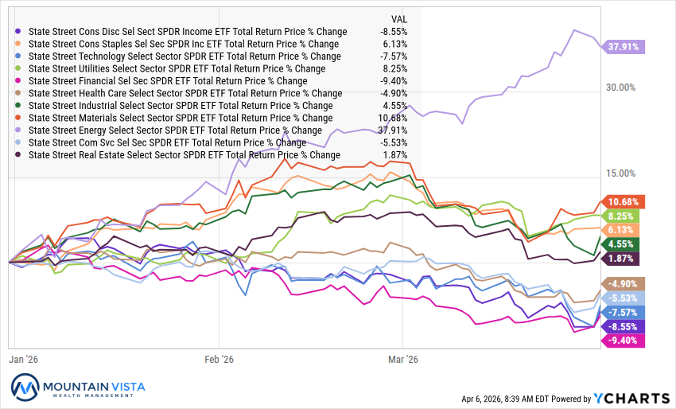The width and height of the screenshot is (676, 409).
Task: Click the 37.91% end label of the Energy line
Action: click(624, 46)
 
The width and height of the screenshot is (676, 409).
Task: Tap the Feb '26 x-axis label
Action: click(217, 359)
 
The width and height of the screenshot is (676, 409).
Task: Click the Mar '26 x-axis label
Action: click(402, 359)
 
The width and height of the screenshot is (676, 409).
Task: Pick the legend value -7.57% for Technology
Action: click(393, 56)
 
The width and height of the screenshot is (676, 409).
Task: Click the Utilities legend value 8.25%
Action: click(394, 68)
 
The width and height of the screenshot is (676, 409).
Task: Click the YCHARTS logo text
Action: click(633, 398)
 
